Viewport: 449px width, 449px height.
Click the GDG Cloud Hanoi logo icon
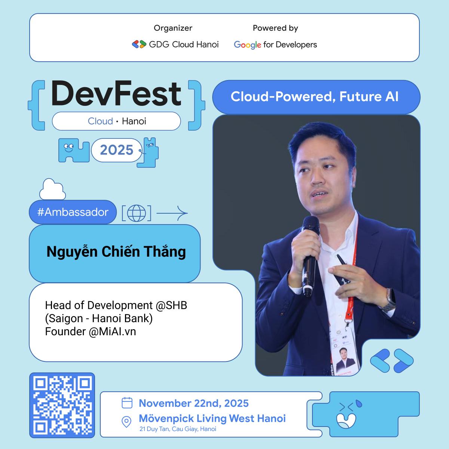click(x=139, y=45)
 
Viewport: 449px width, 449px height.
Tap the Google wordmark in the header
click(x=247, y=45)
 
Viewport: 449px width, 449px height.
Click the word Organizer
click(x=173, y=28)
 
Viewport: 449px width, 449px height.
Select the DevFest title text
click(x=116, y=94)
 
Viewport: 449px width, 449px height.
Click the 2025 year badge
click(x=117, y=150)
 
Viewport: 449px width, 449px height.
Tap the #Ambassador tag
click(x=73, y=212)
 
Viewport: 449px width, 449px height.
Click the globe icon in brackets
click(x=136, y=213)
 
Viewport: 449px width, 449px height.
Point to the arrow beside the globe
click(x=172, y=214)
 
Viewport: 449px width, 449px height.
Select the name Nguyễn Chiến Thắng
click(x=116, y=252)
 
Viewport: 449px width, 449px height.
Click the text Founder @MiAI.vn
click(x=91, y=332)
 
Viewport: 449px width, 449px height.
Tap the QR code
click(x=62, y=405)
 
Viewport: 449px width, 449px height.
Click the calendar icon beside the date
click(x=127, y=403)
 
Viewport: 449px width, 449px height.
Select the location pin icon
click(x=127, y=422)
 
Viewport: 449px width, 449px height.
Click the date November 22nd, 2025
click(x=193, y=403)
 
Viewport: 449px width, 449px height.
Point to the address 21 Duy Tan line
click(x=178, y=429)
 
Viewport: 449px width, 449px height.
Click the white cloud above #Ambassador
click(x=52, y=190)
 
